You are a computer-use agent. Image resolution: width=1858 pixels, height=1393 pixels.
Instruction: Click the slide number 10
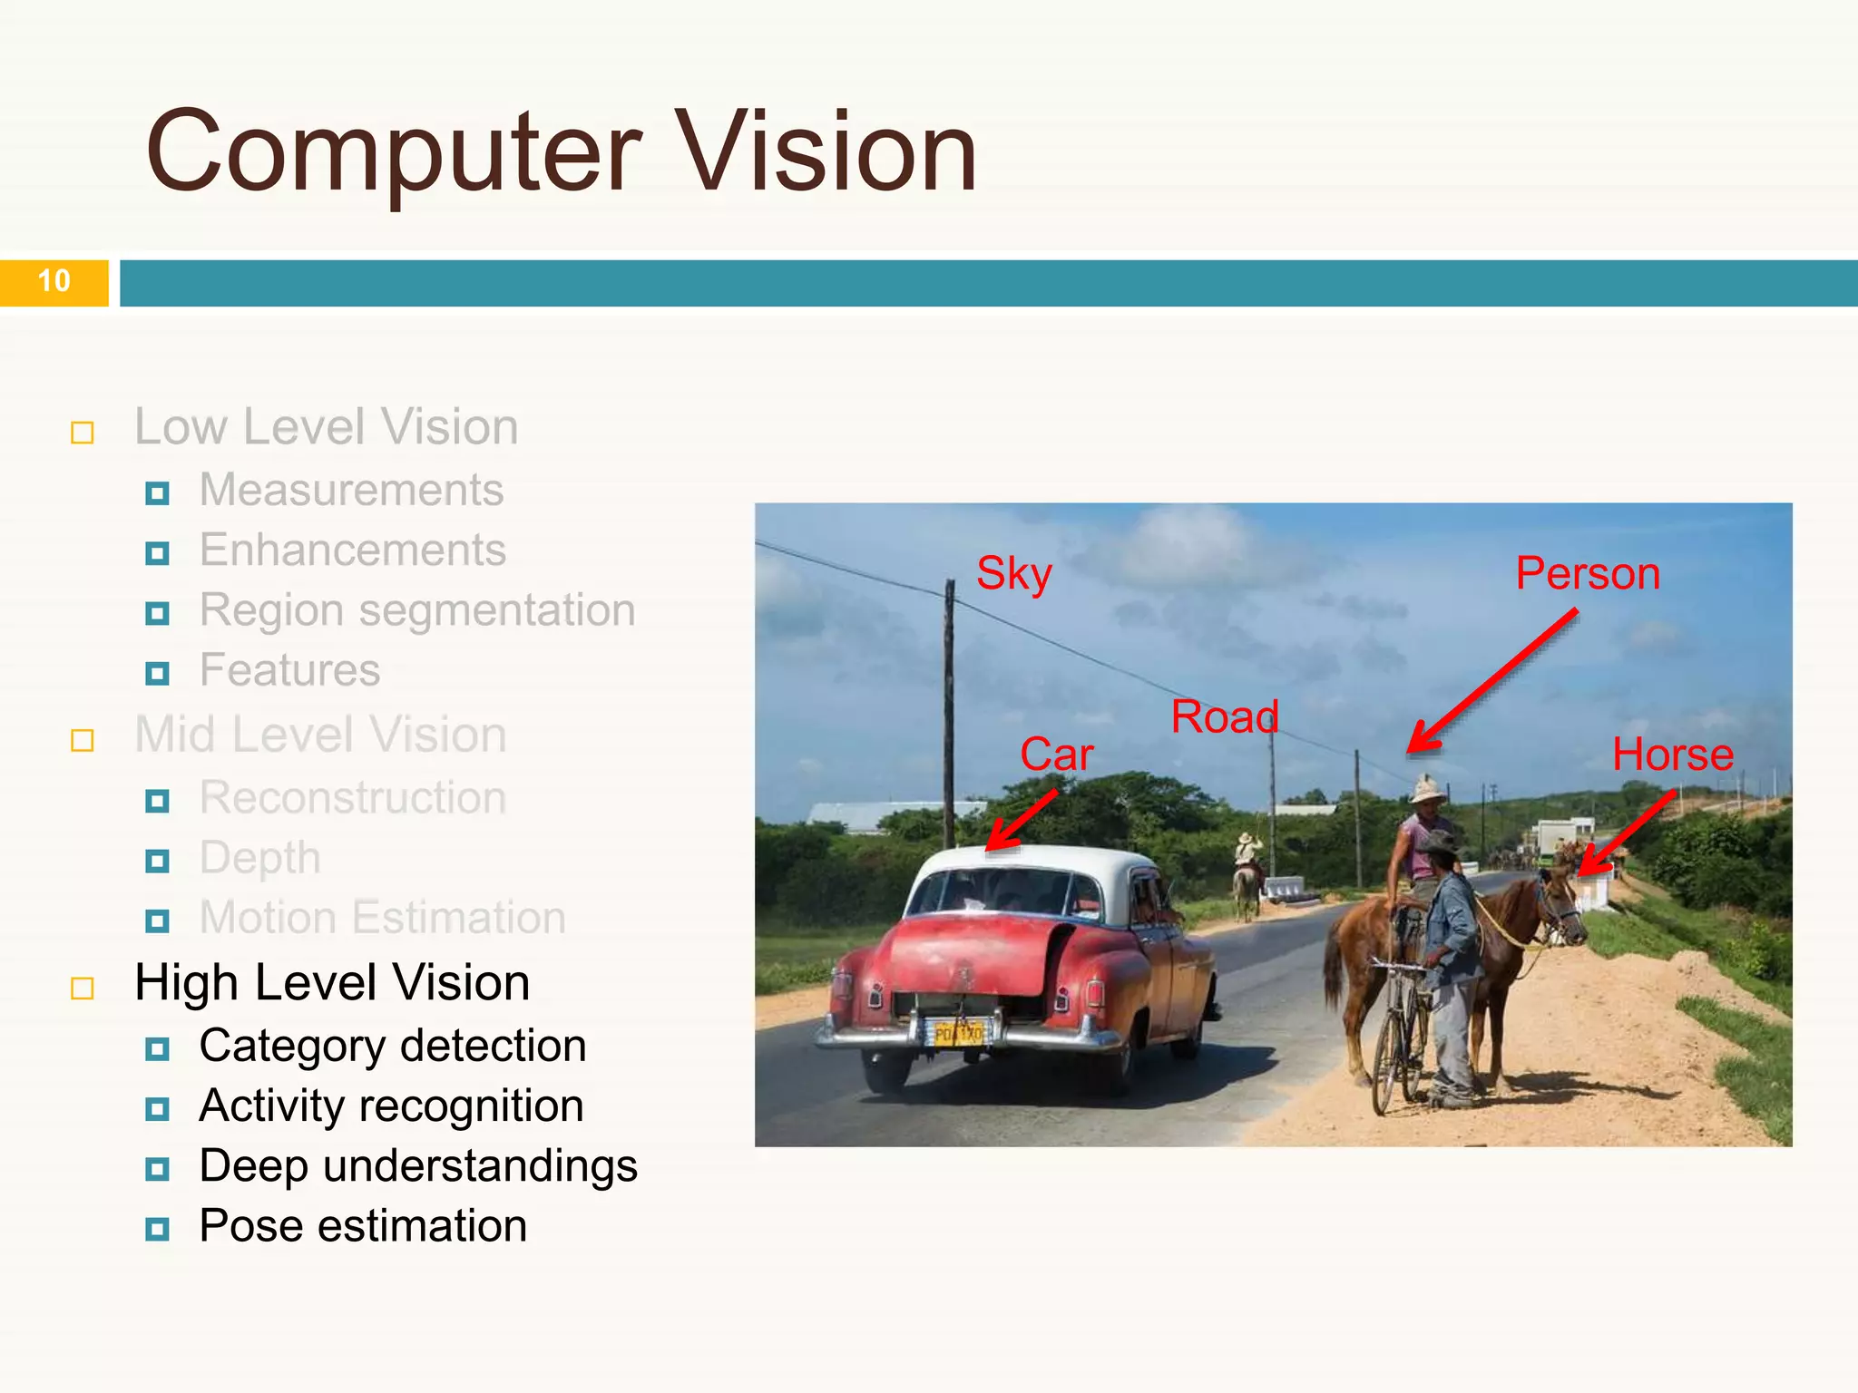(54, 281)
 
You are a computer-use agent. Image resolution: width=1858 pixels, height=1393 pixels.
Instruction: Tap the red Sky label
(1013, 574)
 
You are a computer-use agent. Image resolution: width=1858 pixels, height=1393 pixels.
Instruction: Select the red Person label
(1588, 574)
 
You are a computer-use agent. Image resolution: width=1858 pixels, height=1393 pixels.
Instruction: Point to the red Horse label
(1672, 755)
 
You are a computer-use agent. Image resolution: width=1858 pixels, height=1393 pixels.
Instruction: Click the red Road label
(1224, 717)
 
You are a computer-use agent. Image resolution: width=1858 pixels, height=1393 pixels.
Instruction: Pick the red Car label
(1056, 755)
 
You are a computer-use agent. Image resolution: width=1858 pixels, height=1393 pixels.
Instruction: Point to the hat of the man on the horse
(1427, 789)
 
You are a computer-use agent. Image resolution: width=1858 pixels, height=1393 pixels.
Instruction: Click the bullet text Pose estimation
(363, 1226)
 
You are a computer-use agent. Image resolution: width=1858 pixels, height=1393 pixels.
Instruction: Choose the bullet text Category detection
(392, 1047)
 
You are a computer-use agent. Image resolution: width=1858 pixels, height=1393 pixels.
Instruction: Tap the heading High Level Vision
(332, 983)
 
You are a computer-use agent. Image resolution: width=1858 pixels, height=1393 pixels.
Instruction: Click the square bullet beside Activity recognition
(157, 1108)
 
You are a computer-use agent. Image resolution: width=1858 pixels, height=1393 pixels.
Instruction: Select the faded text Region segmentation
(417, 610)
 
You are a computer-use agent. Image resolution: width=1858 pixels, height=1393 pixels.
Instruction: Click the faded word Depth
(259, 858)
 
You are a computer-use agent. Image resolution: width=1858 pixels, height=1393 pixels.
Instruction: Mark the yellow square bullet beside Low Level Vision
(83, 433)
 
